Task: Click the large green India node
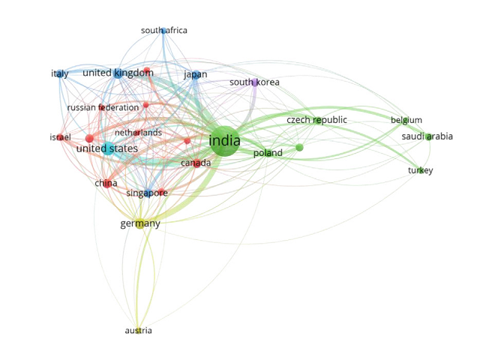click(x=224, y=141)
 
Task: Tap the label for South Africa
click(x=164, y=31)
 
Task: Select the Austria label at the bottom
click(x=138, y=331)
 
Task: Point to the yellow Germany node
click(x=140, y=223)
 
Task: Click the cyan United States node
click(x=109, y=148)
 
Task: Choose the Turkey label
click(x=420, y=171)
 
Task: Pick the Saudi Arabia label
click(x=427, y=136)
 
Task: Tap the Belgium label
click(x=406, y=120)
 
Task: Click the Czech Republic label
click(x=316, y=120)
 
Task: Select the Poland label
click(x=268, y=154)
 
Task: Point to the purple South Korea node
click(x=255, y=82)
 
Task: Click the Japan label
click(x=195, y=74)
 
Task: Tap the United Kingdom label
click(x=118, y=73)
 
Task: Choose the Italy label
click(x=60, y=74)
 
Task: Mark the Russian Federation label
click(x=103, y=108)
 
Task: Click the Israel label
click(x=61, y=137)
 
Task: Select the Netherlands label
click(x=159, y=133)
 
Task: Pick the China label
click(x=106, y=184)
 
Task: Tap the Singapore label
click(x=146, y=193)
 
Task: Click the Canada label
click(x=196, y=163)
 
